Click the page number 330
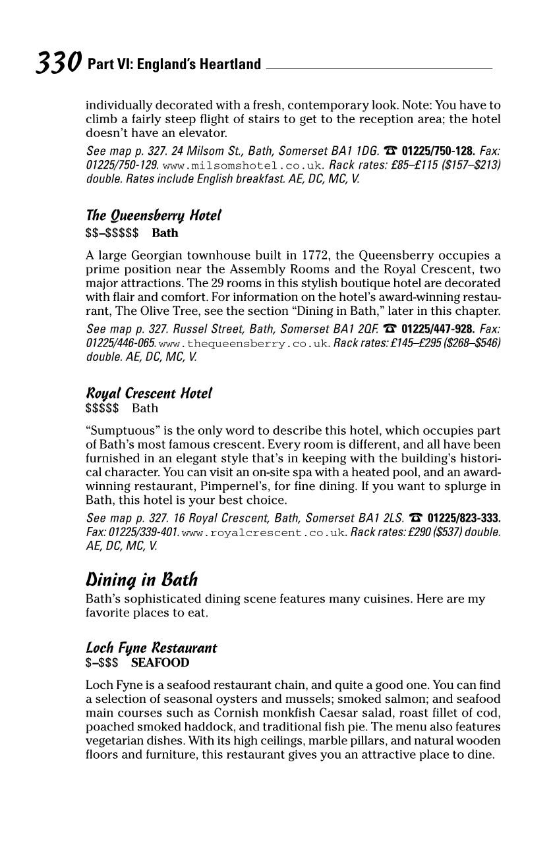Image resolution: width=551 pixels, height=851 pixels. click(58, 63)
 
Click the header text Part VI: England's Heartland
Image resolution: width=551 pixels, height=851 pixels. click(174, 65)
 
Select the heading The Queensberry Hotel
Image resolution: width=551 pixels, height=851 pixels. click(153, 215)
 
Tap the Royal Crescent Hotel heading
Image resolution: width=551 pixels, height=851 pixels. click(149, 393)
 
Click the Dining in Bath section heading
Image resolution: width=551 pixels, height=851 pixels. click(141, 580)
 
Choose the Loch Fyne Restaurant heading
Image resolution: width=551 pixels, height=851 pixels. click(151, 647)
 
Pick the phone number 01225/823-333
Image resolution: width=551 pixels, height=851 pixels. click(463, 518)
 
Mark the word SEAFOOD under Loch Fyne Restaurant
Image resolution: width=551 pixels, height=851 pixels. click(159, 663)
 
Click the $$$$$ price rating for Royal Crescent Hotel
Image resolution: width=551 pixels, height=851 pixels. click(102, 408)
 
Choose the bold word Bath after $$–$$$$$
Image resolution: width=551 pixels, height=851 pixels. click(165, 233)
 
